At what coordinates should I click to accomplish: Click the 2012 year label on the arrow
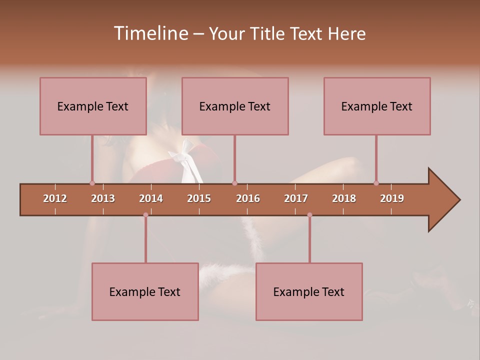tap(55, 198)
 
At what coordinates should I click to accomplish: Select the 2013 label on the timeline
tap(103, 198)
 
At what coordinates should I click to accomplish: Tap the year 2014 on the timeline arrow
tap(151, 198)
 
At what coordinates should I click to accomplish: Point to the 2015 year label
tap(199, 198)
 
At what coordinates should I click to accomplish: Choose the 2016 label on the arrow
tap(248, 198)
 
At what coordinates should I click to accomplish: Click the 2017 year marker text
tap(296, 198)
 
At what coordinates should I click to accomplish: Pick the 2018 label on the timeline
tap(344, 198)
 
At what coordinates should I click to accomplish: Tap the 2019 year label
tap(392, 198)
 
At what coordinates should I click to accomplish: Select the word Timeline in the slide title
tap(150, 33)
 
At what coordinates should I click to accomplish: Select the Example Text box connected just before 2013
tap(93, 106)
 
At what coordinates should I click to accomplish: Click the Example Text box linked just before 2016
tap(235, 106)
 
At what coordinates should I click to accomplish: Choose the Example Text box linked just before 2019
tap(377, 106)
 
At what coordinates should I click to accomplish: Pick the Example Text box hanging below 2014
tap(145, 292)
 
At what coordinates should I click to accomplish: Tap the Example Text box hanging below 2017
tap(309, 292)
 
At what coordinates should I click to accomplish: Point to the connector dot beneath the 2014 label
tap(145, 215)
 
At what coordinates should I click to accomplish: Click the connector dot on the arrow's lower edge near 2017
tap(309, 215)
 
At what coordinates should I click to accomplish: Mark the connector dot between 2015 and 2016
tap(234, 183)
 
